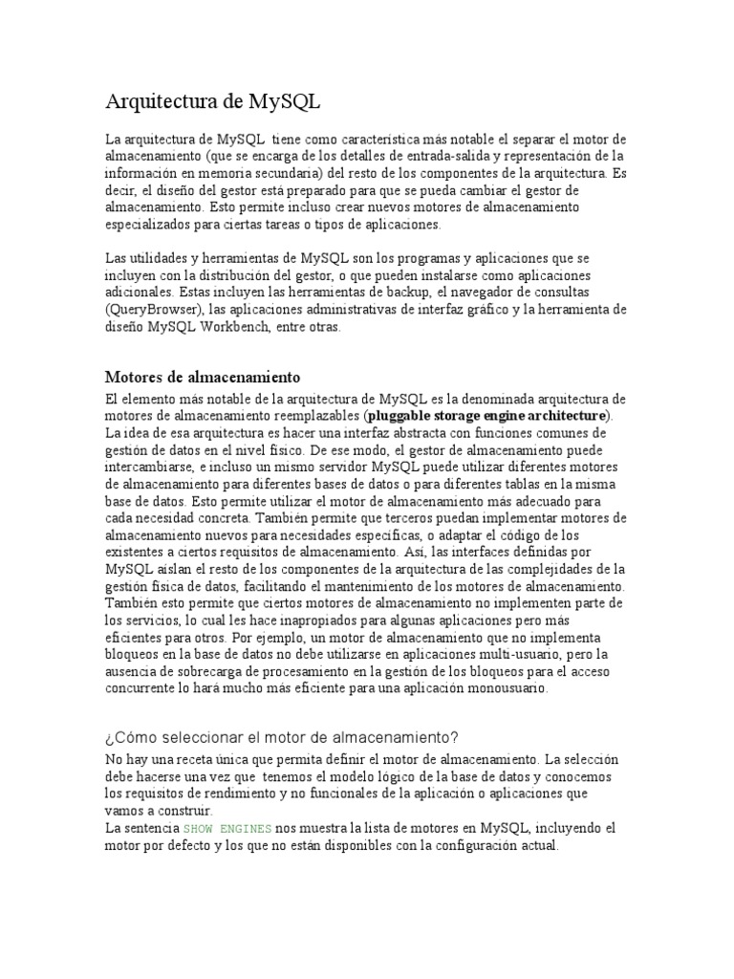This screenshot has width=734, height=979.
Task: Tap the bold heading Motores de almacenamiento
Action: click(x=203, y=377)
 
